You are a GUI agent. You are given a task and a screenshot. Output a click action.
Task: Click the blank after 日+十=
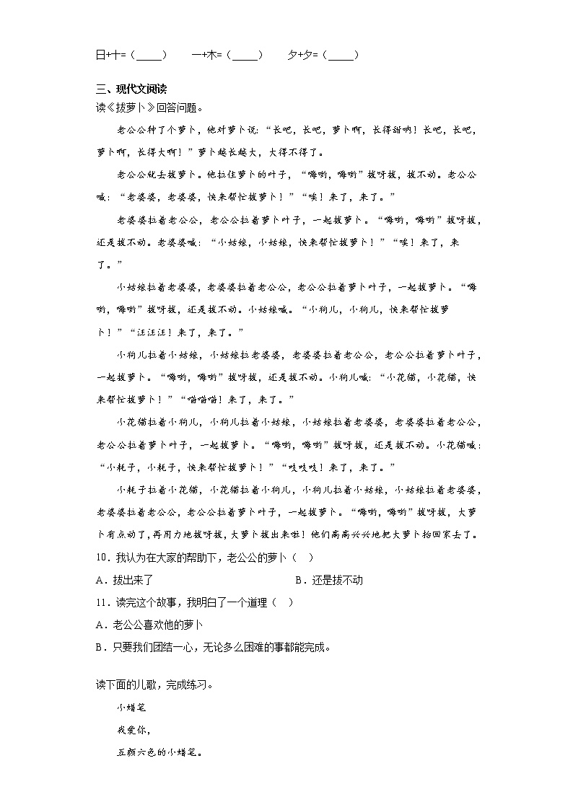coord(149,55)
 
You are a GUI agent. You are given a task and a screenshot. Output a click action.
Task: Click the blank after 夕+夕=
coord(341,55)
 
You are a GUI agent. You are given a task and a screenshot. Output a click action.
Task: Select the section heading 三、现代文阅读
coord(131,90)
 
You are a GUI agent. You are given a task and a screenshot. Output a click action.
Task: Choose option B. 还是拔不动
coord(329,580)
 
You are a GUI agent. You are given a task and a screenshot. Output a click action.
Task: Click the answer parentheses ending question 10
coord(304,558)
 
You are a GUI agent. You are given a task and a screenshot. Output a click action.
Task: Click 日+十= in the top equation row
coord(111,55)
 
